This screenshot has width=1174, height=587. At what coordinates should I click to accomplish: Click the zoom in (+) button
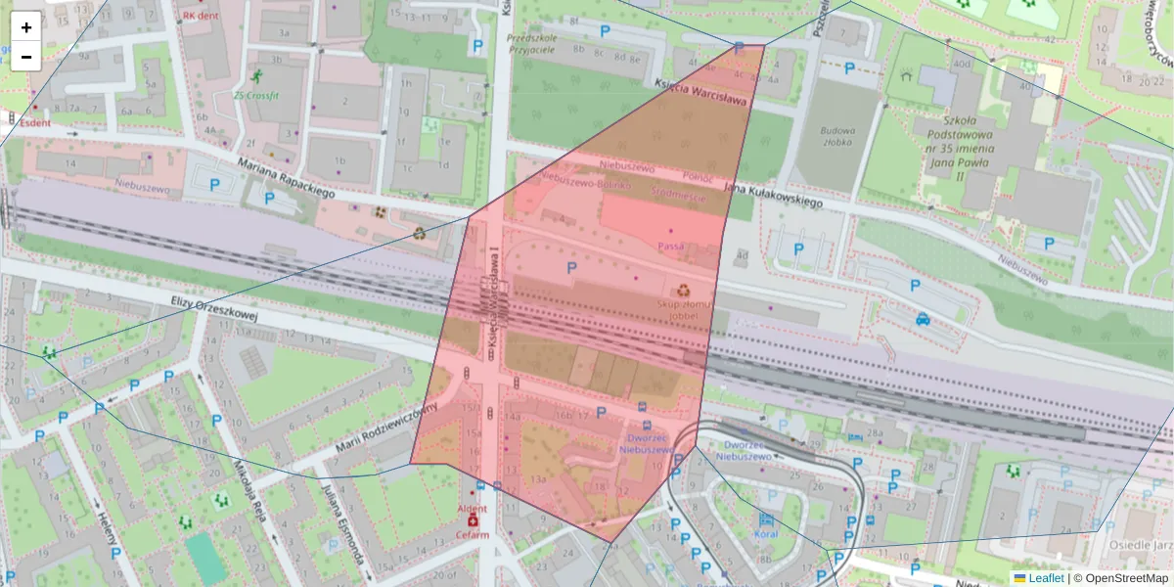tap(25, 26)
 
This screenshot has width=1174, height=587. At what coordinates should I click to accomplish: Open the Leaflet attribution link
tap(1046, 578)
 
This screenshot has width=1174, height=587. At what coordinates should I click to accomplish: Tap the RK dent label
tap(202, 16)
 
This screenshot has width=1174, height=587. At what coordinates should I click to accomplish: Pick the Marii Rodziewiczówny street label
tap(384, 429)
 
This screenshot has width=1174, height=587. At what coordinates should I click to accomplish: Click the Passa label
tap(671, 246)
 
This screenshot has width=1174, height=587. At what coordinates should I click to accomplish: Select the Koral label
tap(765, 535)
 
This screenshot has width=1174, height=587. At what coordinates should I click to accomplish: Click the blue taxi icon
tap(923, 318)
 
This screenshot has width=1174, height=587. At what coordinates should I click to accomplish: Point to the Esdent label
tap(35, 123)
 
